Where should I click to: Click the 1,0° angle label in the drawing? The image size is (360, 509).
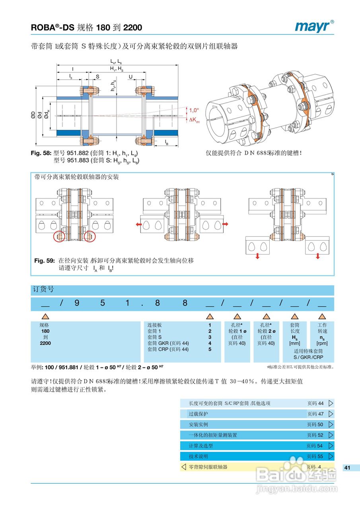(x=194, y=110)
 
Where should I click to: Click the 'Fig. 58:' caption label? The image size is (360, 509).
(x=41, y=153)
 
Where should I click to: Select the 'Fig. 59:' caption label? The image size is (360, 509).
(x=44, y=261)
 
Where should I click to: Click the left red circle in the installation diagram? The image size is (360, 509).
(x=60, y=236)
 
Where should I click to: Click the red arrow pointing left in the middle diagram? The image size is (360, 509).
(x=139, y=225)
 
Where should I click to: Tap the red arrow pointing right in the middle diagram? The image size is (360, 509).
(x=226, y=225)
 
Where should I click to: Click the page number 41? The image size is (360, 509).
(x=347, y=468)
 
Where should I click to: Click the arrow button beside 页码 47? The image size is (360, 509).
(x=331, y=414)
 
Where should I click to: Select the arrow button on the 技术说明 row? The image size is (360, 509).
(x=331, y=456)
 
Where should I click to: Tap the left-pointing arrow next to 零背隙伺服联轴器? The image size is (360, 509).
(x=184, y=467)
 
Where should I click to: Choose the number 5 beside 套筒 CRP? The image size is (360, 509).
(x=210, y=350)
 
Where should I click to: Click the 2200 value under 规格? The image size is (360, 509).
(x=45, y=343)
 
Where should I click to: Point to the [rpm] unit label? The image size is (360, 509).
(x=322, y=343)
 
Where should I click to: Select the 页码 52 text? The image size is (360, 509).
(x=315, y=435)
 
